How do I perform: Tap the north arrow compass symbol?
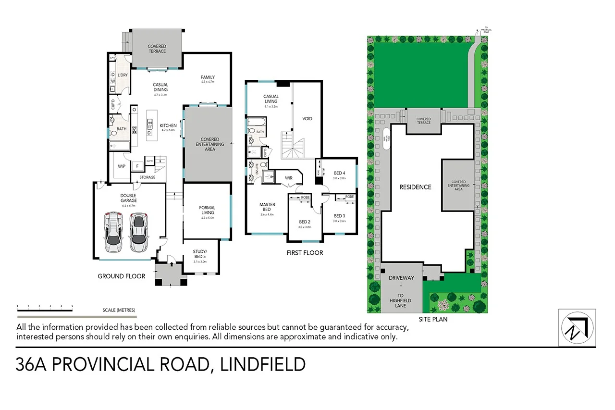577,327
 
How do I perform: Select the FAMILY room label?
208,77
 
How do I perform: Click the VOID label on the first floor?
307,118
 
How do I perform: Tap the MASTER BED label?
267,207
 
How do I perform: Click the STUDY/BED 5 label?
200,254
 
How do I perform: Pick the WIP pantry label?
122,166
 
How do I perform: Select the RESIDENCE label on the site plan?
416,187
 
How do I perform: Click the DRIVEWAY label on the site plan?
402,278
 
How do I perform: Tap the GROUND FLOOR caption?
121,276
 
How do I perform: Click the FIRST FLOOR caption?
305,253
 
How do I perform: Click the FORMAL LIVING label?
207,210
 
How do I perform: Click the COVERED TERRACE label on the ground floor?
157,49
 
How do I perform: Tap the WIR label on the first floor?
288,178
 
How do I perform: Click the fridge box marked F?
137,166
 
